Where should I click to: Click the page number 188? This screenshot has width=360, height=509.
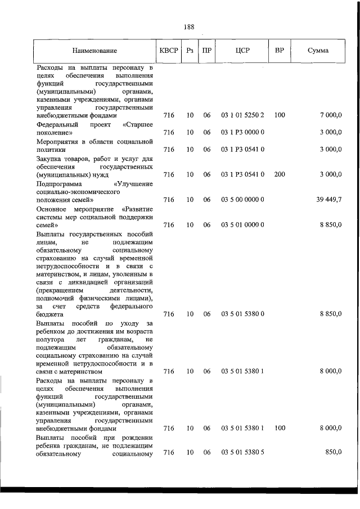[x=188, y=26]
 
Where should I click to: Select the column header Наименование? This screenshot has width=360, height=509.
[x=94, y=51]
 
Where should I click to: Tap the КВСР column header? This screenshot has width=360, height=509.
[x=168, y=51]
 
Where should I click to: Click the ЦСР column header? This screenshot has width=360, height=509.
[x=242, y=51]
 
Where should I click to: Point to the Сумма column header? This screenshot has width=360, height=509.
[x=318, y=51]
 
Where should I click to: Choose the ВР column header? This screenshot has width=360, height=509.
[x=279, y=51]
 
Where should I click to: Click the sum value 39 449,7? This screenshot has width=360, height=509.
[x=328, y=200]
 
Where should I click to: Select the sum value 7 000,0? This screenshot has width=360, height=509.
[x=331, y=115]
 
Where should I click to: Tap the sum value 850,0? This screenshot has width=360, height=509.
[x=333, y=453]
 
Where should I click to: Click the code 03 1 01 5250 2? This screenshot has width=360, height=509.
[x=242, y=115]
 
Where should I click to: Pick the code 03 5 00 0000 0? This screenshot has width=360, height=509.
[x=242, y=200]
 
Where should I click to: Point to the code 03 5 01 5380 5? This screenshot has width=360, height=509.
[x=242, y=453]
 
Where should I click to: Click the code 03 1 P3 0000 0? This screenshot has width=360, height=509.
[x=242, y=132]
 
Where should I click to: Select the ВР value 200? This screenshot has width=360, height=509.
[x=280, y=174]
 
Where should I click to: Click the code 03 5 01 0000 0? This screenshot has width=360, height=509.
[x=242, y=225]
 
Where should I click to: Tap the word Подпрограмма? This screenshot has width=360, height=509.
[x=59, y=183]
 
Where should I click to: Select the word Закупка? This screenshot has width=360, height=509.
[x=49, y=158]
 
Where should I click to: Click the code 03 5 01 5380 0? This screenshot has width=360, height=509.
[x=242, y=313]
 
